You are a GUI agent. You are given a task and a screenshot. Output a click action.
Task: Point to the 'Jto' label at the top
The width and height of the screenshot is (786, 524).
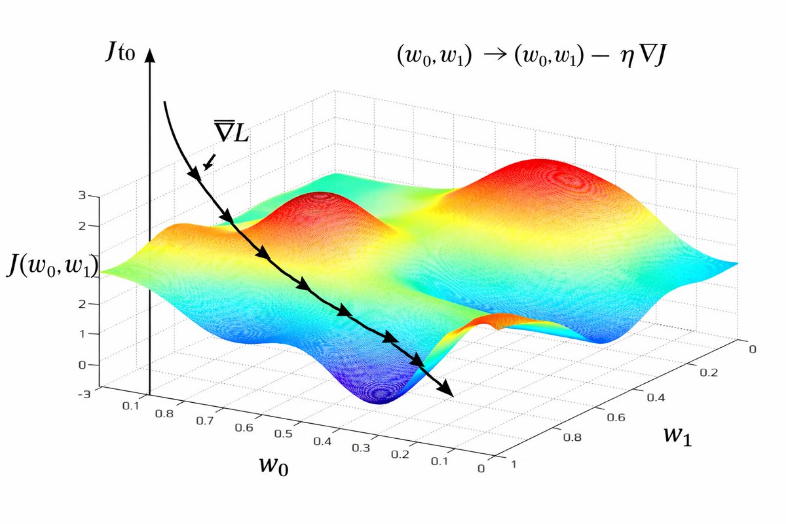(121, 52)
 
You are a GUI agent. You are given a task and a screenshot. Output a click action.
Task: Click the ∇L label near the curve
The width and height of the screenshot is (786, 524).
(232, 131)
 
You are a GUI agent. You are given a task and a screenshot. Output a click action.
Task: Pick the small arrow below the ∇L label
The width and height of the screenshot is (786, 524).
(210, 162)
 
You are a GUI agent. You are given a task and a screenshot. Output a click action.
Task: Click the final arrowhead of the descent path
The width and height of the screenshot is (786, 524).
(445, 389)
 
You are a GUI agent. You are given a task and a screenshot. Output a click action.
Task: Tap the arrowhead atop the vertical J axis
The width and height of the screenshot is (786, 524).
(150, 56)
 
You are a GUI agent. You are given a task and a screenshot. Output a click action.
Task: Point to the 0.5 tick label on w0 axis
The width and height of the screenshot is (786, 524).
(283, 434)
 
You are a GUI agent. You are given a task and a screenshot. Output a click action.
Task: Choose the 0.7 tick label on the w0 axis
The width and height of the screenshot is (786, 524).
(205, 421)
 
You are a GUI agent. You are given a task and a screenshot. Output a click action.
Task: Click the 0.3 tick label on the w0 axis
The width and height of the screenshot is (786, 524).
(361, 448)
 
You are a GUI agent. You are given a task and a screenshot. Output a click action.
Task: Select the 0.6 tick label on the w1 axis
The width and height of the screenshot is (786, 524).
(616, 417)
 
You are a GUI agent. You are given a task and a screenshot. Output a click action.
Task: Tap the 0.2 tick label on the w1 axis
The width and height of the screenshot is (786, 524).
(709, 373)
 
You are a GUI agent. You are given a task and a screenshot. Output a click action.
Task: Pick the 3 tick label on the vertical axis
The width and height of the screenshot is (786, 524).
(82, 195)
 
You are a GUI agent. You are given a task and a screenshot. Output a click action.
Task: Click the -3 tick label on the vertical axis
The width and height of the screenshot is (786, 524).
(84, 394)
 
